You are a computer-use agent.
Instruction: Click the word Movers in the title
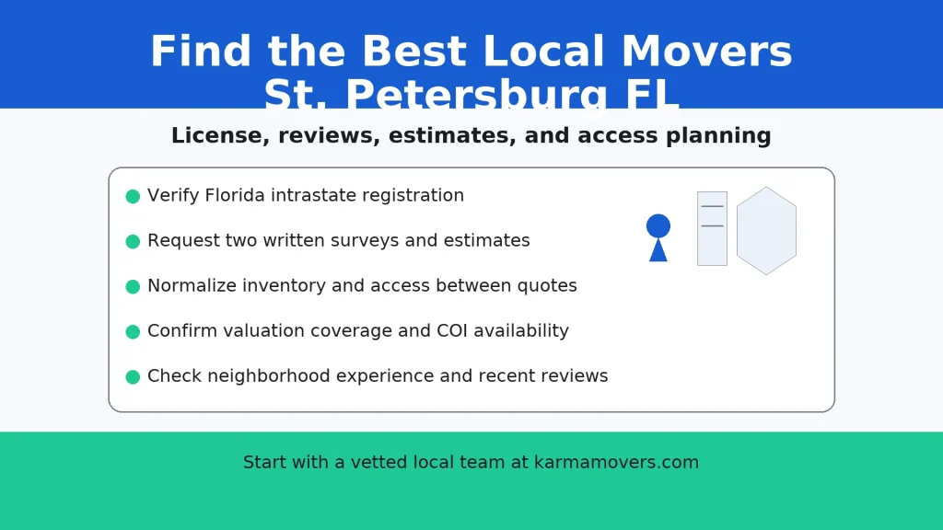706,52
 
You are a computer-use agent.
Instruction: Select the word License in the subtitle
218,136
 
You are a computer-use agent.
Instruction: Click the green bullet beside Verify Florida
133,196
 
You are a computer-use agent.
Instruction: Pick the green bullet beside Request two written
133,241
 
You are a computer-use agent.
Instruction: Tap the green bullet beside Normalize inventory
133,286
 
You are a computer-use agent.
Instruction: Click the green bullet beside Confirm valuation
133,331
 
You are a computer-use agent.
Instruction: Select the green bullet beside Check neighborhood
133,376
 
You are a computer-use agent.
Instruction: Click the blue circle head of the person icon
658,225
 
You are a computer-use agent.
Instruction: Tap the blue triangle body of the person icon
658,251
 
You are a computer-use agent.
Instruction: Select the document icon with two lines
712,228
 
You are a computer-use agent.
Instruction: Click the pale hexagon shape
766,231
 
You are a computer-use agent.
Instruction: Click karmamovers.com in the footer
616,463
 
